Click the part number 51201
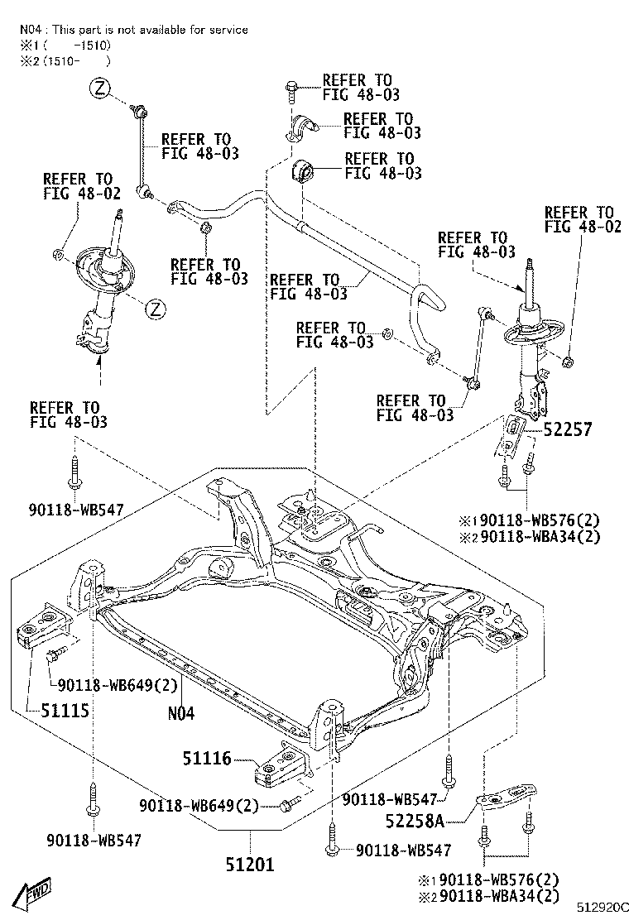click(249, 864)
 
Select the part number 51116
click(209, 758)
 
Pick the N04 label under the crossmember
click(180, 711)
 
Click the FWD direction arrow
click(34, 894)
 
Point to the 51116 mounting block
click(278, 765)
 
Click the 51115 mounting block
click(41, 627)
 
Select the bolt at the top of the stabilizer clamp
click(292, 89)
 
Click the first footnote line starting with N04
click(133, 30)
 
